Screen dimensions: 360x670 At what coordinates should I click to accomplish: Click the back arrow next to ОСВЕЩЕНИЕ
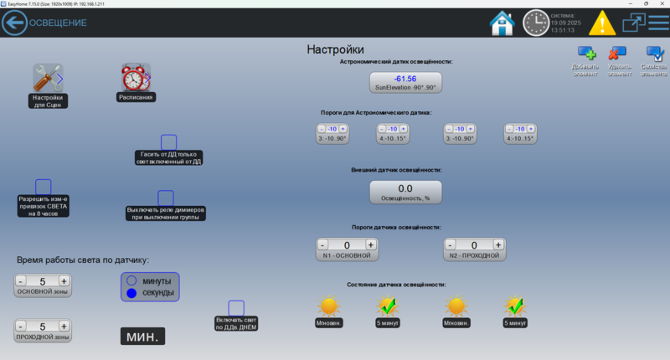point(14,23)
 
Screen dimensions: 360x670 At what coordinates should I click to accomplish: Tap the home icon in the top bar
point(502,23)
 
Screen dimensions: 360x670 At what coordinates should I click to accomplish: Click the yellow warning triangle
point(601,23)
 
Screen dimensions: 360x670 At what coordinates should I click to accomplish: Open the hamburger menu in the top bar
point(658,23)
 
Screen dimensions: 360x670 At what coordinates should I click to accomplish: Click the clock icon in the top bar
point(536,23)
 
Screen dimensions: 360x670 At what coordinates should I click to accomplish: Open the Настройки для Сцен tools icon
point(48,78)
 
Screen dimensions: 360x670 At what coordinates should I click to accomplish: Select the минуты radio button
point(131,280)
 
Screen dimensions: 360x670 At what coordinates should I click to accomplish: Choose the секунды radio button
point(131,294)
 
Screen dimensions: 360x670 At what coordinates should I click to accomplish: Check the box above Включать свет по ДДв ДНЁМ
point(236,308)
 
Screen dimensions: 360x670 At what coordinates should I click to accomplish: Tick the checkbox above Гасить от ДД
point(168,142)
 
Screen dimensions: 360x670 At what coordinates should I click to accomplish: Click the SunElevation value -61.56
point(405,79)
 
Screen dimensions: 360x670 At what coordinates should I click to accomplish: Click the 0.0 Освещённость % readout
point(405,189)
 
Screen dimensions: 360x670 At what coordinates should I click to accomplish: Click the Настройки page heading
point(335,50)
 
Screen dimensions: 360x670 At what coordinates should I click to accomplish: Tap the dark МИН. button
point(142,336)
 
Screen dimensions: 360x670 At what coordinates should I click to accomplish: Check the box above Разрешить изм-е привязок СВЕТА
point(44,187)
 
